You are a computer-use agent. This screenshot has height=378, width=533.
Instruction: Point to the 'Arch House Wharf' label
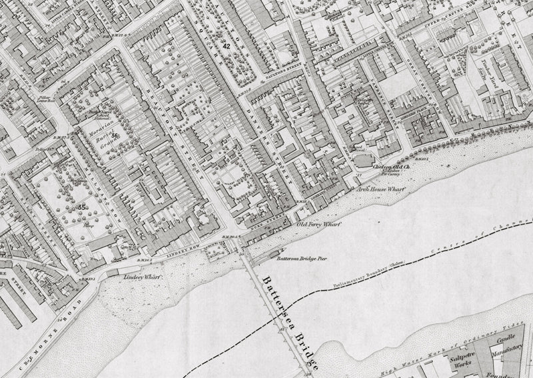coord(380,189)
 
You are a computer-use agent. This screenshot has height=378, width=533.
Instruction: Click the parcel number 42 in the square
coord(227,46)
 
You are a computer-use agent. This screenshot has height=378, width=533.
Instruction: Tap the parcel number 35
coord(83,207)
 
